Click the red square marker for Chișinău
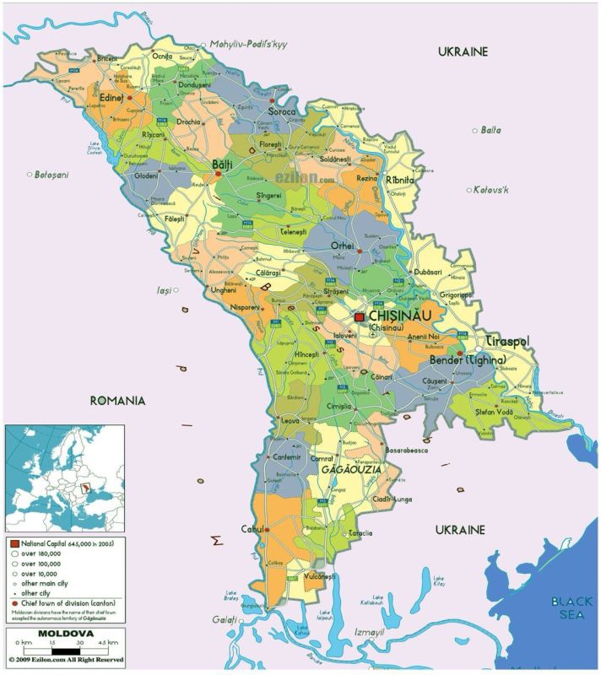(x=359, y=316)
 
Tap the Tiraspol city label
(x=506, y=341)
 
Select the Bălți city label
(x=222, y=163)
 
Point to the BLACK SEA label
(x=566, y=607)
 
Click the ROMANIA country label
(x=117, y=400)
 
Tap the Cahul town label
(x=252, y=529)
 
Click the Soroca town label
(x=282, y=111)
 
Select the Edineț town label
(x=111, y=98)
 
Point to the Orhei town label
(x=342, y=245)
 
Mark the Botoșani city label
(x=51, y=175)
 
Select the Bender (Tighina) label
(x=468, y=360)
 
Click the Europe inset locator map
(x=65, y=477)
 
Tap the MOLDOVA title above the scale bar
(x=65, y=633)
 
